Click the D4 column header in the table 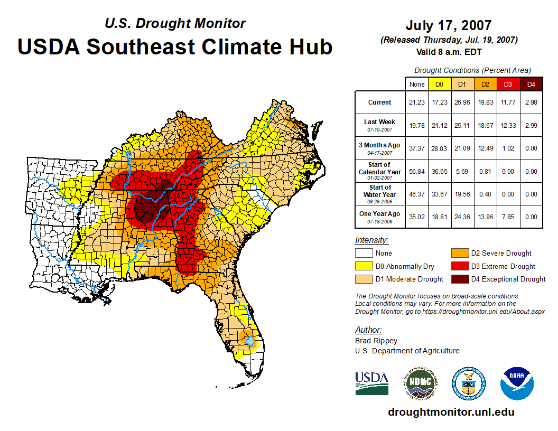click(532, 84)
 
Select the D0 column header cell click(439, 84)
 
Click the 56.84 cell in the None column click(416, 172)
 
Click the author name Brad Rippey click(376, 341)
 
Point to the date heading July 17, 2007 click(449, 25)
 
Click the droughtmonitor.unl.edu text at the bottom click(451, 412)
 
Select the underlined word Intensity click(371, 240)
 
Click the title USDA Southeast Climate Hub click(175, 46)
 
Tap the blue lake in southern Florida click(249, 341)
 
